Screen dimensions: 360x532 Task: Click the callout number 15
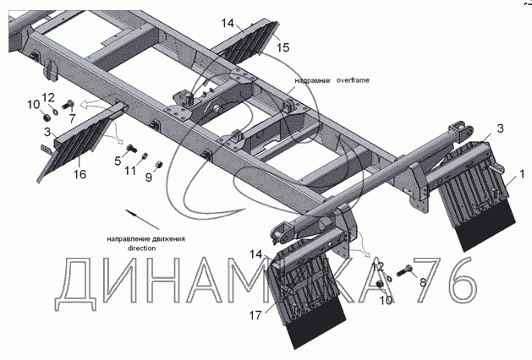click(283, 47)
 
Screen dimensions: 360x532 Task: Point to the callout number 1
click(523, 174)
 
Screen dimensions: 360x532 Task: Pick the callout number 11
click(129, 172)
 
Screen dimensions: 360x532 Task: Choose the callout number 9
click(149, 177)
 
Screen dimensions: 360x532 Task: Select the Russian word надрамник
click(312, 81)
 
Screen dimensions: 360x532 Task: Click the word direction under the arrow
click(142, 249)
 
